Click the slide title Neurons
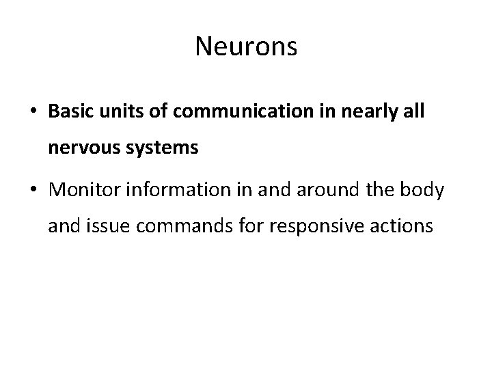[x=245, y=46]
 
